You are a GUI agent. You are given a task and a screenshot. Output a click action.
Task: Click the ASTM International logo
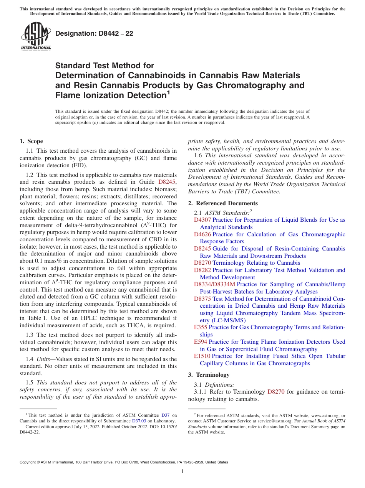click(36, 36)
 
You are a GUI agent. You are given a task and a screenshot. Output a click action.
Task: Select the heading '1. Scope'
click(31, 141)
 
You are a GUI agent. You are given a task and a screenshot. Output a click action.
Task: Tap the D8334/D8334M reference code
click(215, 284)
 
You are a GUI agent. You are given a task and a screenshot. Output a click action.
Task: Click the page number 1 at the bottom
click(182, 472)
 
